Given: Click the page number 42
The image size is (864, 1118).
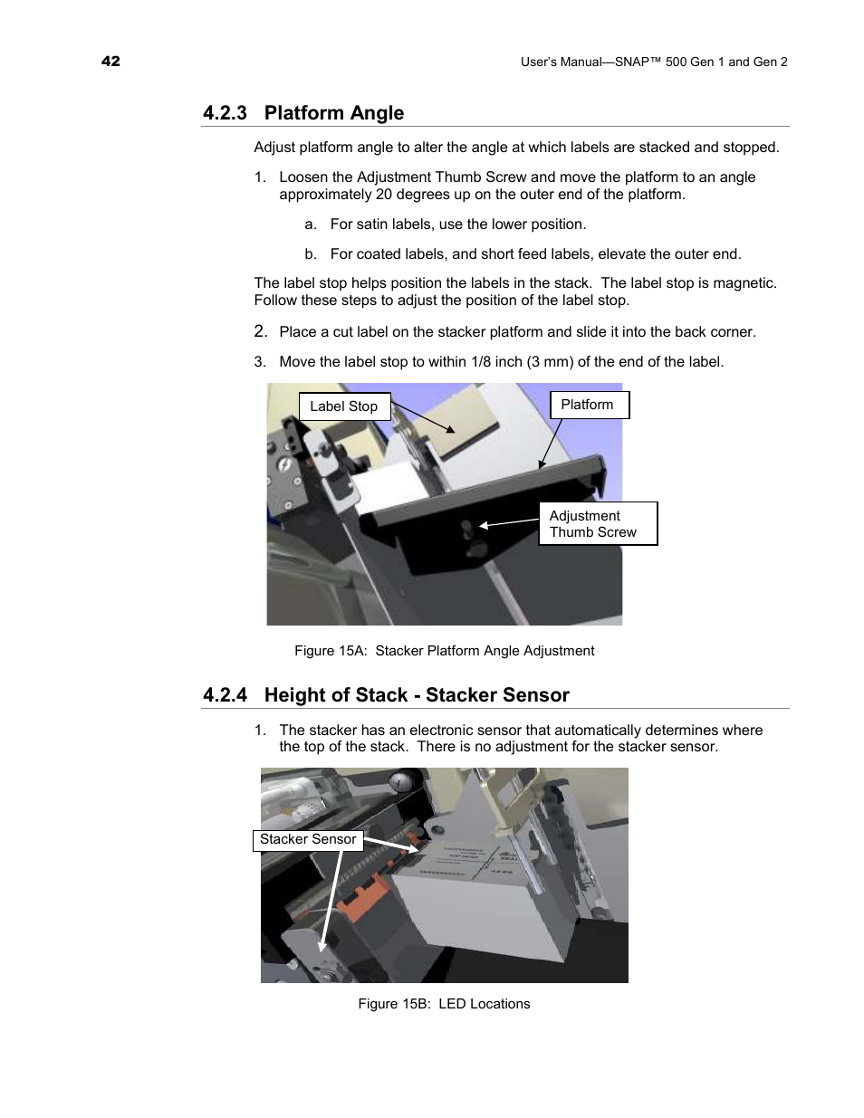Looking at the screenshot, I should (110, 61).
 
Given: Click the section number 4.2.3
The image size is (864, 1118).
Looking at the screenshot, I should (225, 113).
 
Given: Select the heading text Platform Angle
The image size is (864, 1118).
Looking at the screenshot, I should (333, 113).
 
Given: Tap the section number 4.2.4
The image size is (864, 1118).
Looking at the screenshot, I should (225, 695).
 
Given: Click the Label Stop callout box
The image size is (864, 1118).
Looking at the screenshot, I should (344, 406).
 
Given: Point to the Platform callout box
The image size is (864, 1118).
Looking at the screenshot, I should (588, 405).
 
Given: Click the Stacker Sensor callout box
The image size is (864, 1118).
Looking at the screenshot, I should (308, 840).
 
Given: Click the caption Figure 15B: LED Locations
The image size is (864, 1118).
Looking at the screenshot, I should (444, 1004).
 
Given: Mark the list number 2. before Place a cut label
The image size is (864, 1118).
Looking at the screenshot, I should (260, 331).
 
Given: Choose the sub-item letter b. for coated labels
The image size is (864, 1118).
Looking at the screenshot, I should (311, 254).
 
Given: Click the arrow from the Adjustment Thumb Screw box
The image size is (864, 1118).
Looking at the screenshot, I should (509, 522).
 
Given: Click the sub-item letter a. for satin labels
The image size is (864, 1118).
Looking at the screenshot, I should (311, 225).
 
